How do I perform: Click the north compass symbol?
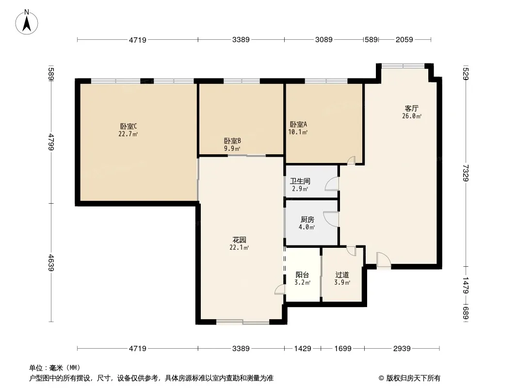click(x=28, y=21)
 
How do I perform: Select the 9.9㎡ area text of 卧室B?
click(x=232, y=149)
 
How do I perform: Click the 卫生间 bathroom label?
click(x=300, y=181)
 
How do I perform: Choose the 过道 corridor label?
click(x=342, y=275)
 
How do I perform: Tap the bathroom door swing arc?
click(x=332, y=184)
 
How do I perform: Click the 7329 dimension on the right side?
click(x=466, y=173)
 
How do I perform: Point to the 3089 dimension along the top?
click(x=323, y=40)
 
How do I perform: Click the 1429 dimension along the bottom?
click(x=302, y=348)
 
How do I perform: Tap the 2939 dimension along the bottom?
click(x=402, y=348)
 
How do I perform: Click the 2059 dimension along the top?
click(x=404, y=40)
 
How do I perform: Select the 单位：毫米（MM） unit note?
click(x=55, y=368)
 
